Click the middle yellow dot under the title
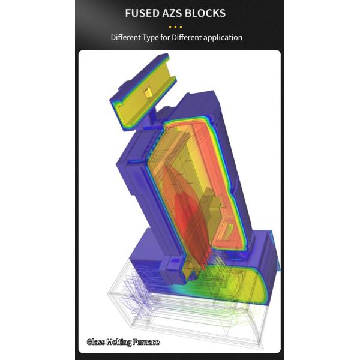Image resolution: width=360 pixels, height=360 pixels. click(175, 27)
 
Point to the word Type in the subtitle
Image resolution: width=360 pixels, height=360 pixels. click(151, 37)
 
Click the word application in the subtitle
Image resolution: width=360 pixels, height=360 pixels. click(223, 38)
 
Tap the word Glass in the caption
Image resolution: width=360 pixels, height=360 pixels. click(96, 342)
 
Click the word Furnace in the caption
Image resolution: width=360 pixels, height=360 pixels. click(146, 342)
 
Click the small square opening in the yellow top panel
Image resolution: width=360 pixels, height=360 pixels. click(148, 92)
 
